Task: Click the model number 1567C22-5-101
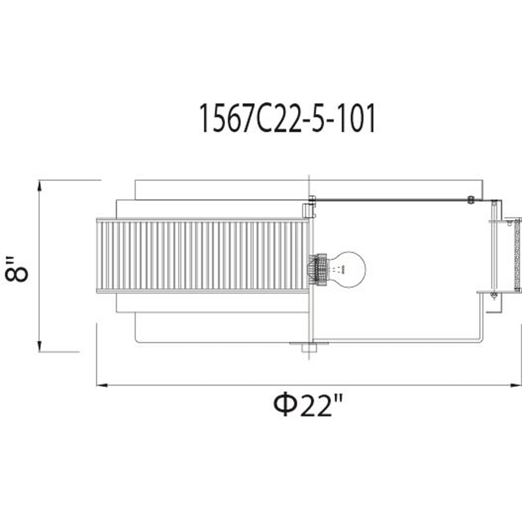pyautogui.click(x=287, y=118)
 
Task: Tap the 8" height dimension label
pyautogui.click(x=17, y=269)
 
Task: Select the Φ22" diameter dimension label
pyautogui.click(x=307, y=405)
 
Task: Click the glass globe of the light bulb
pyautogui.click(x=347, y=269)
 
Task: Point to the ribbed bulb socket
pyautogui.click(x=318, y=269)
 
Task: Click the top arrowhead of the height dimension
pyautogui.click(x=40, y=185)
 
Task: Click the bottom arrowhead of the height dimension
pyautogui.click(x=40, y=346)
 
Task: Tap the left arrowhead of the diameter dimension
pyautogui.click(x=102, y=385)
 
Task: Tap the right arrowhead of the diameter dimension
pyautogui.click(x=516, y=385)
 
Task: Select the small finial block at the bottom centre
pyautogui.click(x=309, y=348)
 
